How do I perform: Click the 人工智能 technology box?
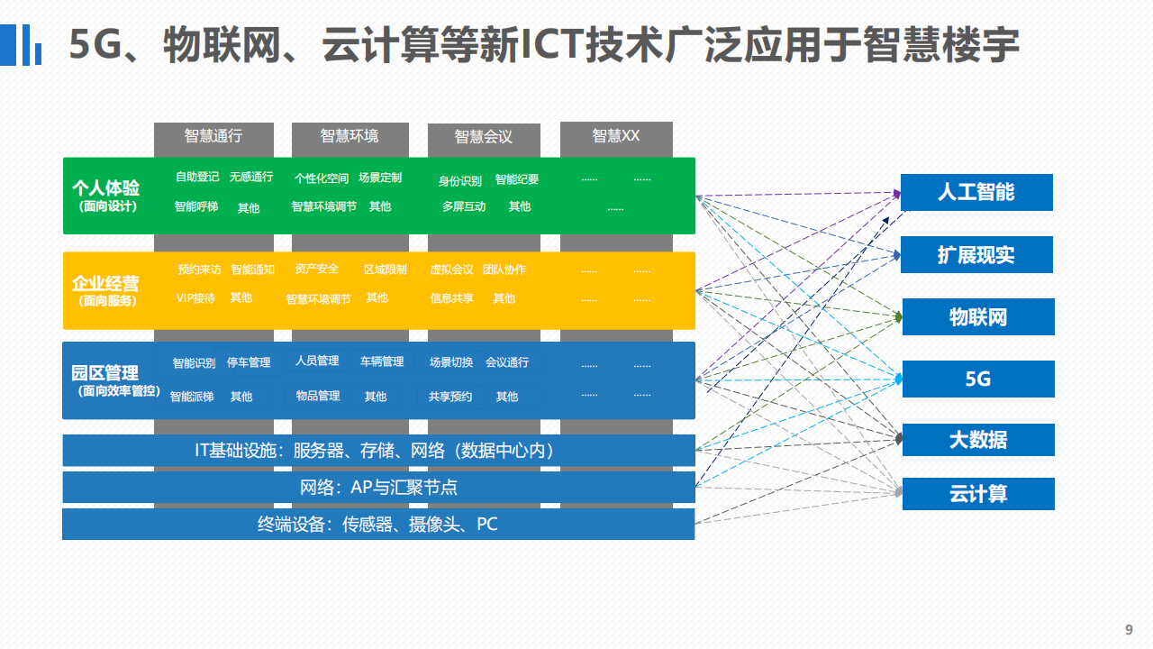click(x=976, y=192)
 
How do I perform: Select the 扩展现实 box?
click(x=976, y=254)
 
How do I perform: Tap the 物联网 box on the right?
click(x=978, y=316)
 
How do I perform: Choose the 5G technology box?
click(x=978, y=379)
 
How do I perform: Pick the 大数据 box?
click(x=978, y=440)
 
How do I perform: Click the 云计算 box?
click(x=978, y=494)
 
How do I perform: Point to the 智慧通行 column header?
click(x=213, y=136)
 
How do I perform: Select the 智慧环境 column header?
click(x=350, y=136)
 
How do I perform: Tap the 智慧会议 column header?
click(x=484, y=136)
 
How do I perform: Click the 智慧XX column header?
click(x=615, y=136)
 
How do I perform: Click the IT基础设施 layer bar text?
click(x=374, y=451)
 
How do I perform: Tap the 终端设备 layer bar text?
click(x=377, y=525)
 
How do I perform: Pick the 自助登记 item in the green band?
click(x=197, y=177)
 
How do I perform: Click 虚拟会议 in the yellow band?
click(x=451, y=270)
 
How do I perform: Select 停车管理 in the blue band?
click(x=249, y=362)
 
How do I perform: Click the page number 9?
click(x=1129, y=629)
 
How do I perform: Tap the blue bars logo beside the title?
click(x=21, y=45)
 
